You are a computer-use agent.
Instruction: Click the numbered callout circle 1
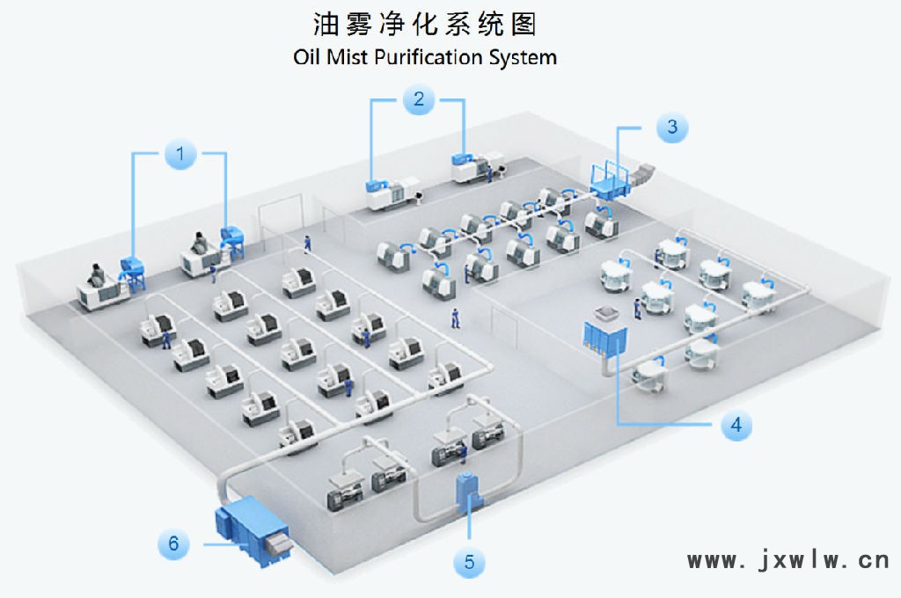[180, 154]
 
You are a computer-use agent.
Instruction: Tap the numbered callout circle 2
[418, 98]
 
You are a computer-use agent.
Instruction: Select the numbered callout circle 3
[672, 127]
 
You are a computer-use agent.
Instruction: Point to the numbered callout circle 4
[736, 425]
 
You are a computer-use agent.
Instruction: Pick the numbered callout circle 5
[470, 562]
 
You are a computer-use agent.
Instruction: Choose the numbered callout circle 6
[173, 543]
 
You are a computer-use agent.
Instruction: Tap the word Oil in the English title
[306, 57]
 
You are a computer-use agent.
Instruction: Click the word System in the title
[523, 58]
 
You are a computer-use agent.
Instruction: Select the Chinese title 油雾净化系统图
[425, 24]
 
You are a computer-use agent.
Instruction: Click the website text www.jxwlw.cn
[788, 559]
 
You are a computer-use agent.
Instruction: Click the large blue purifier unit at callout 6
[252, 530]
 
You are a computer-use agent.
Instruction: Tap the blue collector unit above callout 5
[468, 492]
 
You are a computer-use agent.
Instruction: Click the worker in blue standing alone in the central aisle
[455, 318]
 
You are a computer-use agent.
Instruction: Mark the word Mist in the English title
[347, 57]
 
